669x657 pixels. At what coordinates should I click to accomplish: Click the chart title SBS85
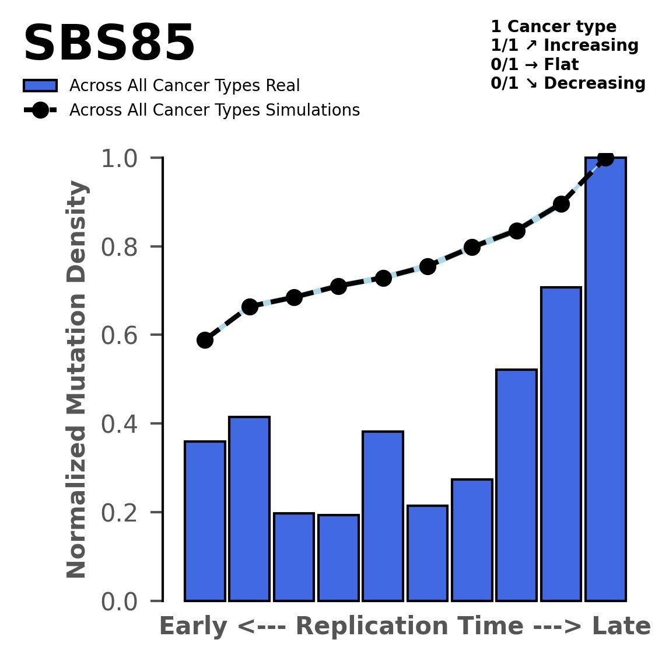pyautogui.click(x=108, y=44)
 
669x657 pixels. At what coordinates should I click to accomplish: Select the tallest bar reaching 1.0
pyautogui.click(x=605, y=380)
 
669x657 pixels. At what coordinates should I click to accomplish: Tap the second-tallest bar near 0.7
pyautogui.click(x=561, y=444)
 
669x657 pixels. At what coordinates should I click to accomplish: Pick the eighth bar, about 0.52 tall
pyautogui.click(x=516, y=485)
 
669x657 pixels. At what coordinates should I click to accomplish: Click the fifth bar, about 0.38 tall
pyautogui.click(x=383, y=516)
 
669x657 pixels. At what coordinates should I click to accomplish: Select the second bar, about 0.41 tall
pyautogui.click(x=249, y=509)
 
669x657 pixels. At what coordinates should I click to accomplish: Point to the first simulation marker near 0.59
pyautogui.click(x=205, y=340)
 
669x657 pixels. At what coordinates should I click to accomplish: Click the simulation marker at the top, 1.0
pyautogui.click(x=605, y=158)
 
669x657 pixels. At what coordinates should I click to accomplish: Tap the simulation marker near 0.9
pyautogui.click(x=561, y=204)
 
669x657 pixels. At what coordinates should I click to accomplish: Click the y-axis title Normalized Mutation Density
pyautogui.click(x=78, y=380)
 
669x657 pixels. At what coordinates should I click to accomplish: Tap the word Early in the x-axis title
pyautogui.click(x=194, y=627)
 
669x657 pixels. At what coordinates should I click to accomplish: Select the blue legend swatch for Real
pyautogui.click(x=40, y=86)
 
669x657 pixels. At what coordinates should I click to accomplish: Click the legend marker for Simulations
pyautogui.click(x=40, y=110)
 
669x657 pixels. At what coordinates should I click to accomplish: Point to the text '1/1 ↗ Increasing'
pyautogui.click(x=564, y=46)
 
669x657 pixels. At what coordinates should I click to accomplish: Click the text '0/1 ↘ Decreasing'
pyautogui.click(x=568, y=84)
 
